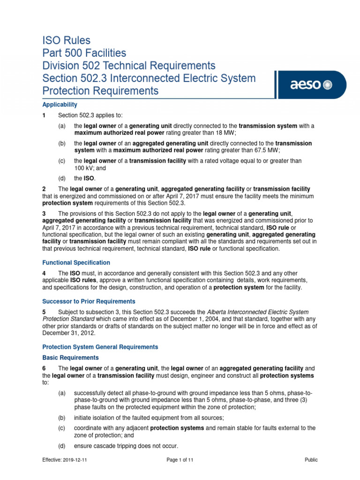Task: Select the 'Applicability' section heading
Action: tap(60, 105)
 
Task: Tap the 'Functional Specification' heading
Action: tap(76, 262)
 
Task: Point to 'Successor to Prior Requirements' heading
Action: tap(89, 301)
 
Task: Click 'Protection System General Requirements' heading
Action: tap(100, 347)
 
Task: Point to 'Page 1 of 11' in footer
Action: tap(180, 460)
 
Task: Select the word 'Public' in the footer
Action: tap(311, 460)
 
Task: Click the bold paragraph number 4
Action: tap(44, 273)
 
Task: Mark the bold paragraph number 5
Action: tap(44, 312)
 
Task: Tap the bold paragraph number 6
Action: tap(44, 368)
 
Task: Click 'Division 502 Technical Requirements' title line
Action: tap(129, 65)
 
